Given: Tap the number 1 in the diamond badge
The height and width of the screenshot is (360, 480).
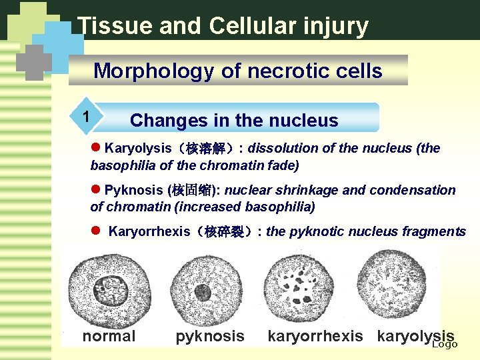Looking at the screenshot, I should (x=85, y=116).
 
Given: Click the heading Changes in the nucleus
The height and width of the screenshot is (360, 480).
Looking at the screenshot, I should (x=234, y=121).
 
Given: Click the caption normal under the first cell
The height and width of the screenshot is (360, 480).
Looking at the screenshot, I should (x=109, y=336).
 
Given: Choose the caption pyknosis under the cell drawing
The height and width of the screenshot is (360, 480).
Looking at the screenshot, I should (x=210, y=336).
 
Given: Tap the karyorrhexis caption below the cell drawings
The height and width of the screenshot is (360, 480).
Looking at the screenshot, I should (x=315, y=336).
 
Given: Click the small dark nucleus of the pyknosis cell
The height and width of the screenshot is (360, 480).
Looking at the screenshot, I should (x=203, y=292).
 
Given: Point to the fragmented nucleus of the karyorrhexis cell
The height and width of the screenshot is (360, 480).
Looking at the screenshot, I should (x=305, y=289).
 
